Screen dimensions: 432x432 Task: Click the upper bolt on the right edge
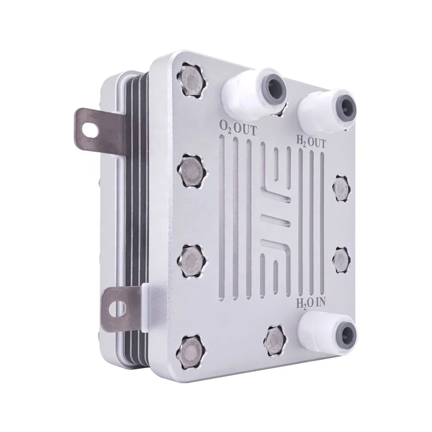click(x=341, y=187)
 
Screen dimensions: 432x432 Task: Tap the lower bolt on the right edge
click(x=341, y=259)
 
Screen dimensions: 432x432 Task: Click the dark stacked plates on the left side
click(x=130, y=216)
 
